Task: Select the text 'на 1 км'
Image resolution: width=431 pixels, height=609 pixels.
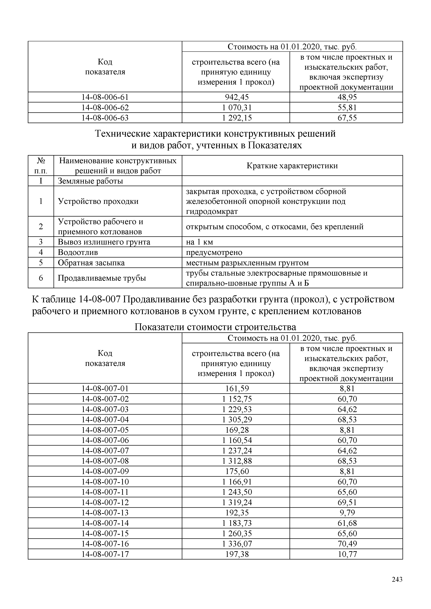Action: pos(199,242)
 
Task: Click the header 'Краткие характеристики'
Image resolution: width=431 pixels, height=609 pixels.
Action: pos(292,166)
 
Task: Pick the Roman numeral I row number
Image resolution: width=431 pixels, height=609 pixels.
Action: pos(41,181)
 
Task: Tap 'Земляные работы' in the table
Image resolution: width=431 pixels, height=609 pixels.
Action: pos(90,181)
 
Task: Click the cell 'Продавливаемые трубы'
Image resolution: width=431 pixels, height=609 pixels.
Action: pos(102,278)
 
